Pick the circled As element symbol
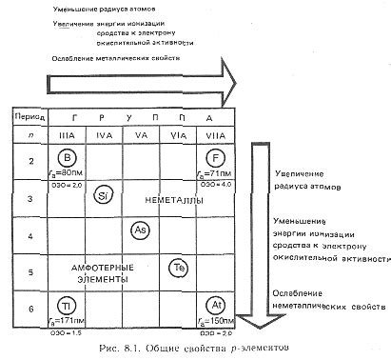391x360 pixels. click(x=139, y=231)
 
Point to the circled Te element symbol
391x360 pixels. click(x=176, y=269)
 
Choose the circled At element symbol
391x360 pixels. click(x=217, y=306)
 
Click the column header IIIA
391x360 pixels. click(x=63, y=137)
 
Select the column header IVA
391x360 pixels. click(x=103, y=137)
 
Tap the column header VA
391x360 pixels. click(x=140, y=137)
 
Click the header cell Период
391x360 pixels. click(x=26, y=117)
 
